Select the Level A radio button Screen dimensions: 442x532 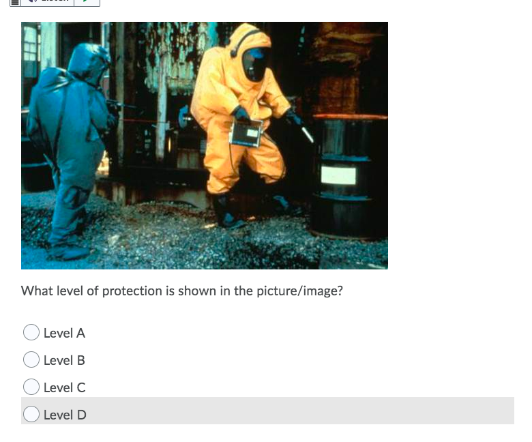pyautogui.click(x=31, y=332)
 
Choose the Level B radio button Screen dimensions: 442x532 pyautogui.click(x=31, y=359)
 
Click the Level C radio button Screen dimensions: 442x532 pyautogui.click(x=31, y=387)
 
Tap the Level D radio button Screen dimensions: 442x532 pyautogui.click(x=31, y=414)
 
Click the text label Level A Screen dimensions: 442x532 pyautogui.click(x=64, y=333)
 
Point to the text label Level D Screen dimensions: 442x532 pyautogui.click(x=65, y=415)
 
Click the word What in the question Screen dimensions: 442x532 pyautogui.click(x=36, y=291)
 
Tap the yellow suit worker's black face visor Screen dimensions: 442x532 pyautogui.click(x=254, y=65)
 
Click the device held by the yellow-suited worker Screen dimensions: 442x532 pyautogui.click(x=247, y=132)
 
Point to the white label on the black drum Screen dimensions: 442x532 pyautogui.click(x=338, y=175)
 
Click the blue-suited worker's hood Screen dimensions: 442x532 pyautogui.click(x=89, y=58)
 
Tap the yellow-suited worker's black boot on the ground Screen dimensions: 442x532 pyautogui.click(x=224, y=212)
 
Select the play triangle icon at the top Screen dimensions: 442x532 pyautogui.click(x=86, y=1)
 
